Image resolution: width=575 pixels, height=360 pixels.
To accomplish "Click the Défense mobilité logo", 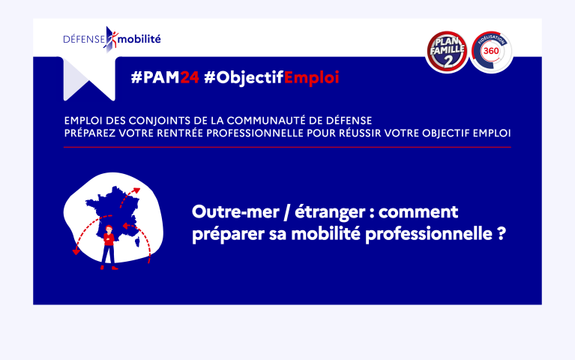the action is (112, 39).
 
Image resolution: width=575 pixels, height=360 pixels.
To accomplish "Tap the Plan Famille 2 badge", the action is (447, 51).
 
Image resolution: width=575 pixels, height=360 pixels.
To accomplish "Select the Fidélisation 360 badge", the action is (491, 52).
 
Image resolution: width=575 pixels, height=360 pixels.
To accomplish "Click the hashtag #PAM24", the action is (165, 77).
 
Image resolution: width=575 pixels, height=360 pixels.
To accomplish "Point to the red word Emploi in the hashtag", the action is (311, 78).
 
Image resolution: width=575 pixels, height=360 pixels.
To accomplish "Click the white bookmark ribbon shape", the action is (89, 78).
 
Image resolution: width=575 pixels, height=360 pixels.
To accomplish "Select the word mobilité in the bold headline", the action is (325, 234).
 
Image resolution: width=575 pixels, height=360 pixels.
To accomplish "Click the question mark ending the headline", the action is (502, 233).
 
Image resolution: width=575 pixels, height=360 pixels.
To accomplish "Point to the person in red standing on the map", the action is (108, 247).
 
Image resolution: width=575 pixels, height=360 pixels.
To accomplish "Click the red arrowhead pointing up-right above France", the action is (136, 190).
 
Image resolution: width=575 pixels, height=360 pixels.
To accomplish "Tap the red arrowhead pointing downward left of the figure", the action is (76, 251).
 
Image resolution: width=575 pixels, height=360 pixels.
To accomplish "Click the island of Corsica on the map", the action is (138, 241).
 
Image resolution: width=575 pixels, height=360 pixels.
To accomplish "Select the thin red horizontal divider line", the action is (287, 147).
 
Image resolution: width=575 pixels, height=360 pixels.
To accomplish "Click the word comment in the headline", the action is (418, 212).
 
